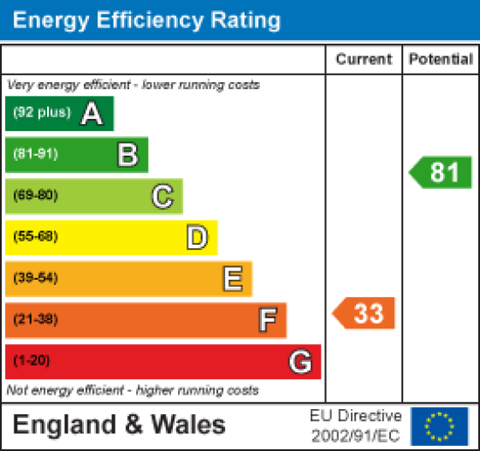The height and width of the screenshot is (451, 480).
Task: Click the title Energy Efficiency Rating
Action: click(x=146, y=20)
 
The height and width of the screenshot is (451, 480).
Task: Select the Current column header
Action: click(x=364, y=60)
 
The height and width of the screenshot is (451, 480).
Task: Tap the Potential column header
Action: click(x=441, y=60)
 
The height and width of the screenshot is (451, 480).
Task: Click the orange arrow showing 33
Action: click(x=364, y=313)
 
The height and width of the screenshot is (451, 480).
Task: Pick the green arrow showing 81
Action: click(x=441, y=173)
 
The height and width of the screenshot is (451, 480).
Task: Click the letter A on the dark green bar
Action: click(x=92, y=114)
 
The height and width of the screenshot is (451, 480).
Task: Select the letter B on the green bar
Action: click(x=127, y=155)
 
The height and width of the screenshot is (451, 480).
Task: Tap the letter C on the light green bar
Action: click(x=162, y=197)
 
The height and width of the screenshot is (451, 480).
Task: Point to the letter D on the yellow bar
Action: click(x=197, y=237)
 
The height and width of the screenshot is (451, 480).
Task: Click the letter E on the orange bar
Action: click(x=232, y=278)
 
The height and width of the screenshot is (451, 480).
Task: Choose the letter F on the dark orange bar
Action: click(x=267, y=320)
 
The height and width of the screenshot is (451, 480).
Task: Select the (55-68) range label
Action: click(x=35, y=237)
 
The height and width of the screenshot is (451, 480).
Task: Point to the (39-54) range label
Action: click(x=35, y=278)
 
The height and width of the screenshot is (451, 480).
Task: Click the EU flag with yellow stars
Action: click(x=440, y=425)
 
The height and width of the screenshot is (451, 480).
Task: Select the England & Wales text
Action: click(x=119, y=424)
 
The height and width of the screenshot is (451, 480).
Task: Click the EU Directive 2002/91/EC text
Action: click(x=355, y=424)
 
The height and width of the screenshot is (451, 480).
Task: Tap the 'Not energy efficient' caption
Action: click(x=133, y=390)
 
